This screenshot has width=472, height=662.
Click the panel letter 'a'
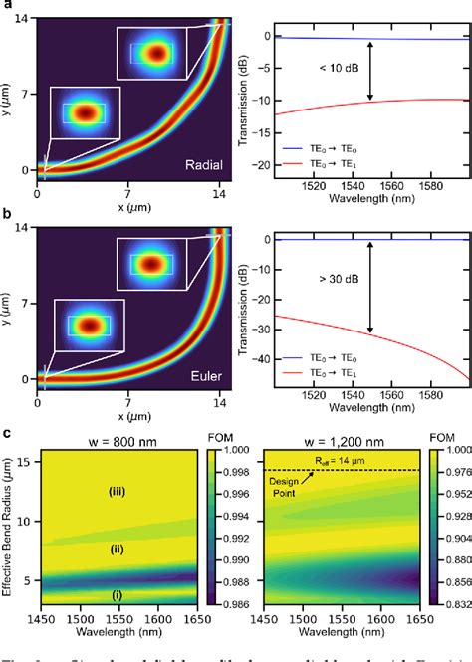tap(6, 6)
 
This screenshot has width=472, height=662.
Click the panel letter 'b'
tap(6, 215)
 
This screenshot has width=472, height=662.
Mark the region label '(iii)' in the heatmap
tap(118, 490)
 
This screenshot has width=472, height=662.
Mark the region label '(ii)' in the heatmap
tap(118, 549)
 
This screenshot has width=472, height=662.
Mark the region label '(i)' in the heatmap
tap(118, 595)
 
